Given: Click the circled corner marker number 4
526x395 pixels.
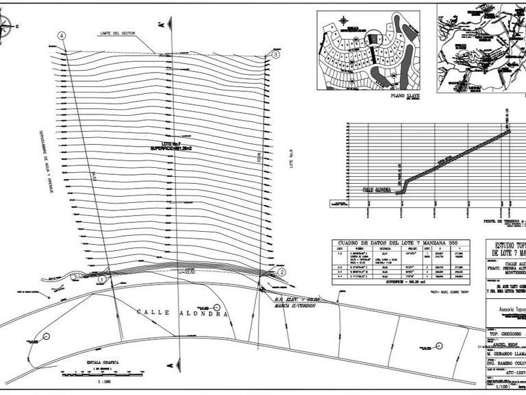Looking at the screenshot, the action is click(62, 36).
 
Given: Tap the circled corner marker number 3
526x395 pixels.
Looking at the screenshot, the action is click(275, 53).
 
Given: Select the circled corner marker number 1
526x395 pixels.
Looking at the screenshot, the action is click(102, 279).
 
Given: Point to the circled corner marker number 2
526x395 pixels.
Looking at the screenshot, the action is click(281, 272).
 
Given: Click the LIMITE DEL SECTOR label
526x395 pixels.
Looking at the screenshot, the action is click(117, 33).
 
